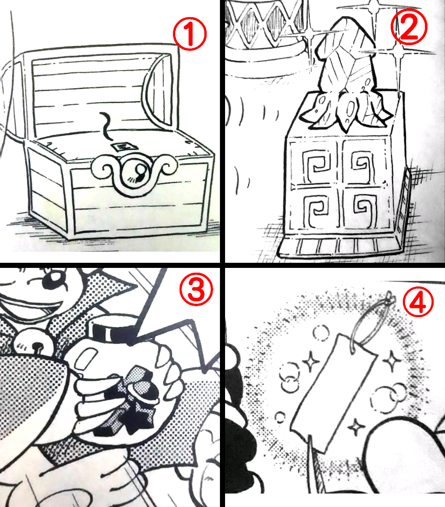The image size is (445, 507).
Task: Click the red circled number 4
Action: [417, 302]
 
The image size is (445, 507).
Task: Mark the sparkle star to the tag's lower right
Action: [357, 424]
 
